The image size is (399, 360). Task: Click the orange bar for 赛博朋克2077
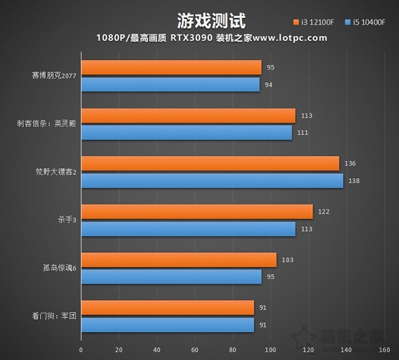[x=171, y=67]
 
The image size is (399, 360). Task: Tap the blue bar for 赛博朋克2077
[x=170, y=84]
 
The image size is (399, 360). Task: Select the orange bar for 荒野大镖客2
[x=210, y=163]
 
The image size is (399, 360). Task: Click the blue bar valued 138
[x=212, y=180]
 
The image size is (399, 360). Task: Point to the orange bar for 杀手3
[x=197, y=212]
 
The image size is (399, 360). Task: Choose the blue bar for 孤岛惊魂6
[x=171, y=277]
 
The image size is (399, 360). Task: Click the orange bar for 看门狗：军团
[x=167, y=308]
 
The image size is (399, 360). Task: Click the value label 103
[x=287, y=260]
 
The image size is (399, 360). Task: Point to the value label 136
[x=350, y=164]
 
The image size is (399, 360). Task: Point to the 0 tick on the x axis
[x=81, y=349]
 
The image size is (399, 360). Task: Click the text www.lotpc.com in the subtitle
[x=288, y=38]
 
